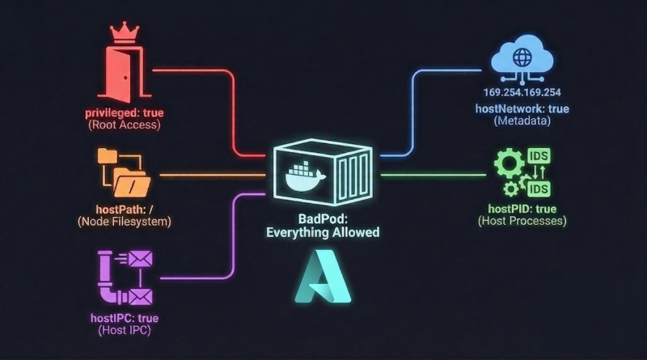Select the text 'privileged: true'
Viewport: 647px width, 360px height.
(x=125, y=112)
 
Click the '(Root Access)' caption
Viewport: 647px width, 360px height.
(x=125, y=125)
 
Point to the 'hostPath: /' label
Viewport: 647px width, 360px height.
(x=125, y=209)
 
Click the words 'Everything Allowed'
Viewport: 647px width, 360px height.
(x=323, y=232)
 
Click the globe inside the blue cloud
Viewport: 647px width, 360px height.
(x=522, y=58)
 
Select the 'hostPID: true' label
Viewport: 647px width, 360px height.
(x=522, y=208)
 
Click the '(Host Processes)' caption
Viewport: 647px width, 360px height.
(x=522, y=220)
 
